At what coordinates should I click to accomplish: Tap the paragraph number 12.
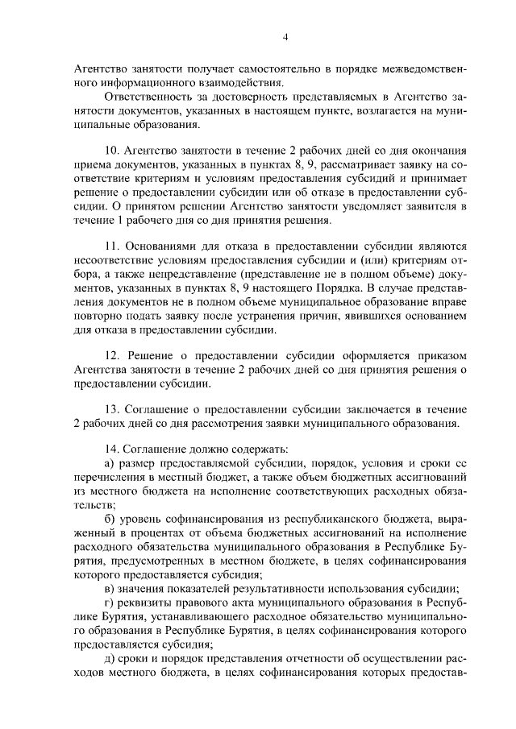[x=113, y=354]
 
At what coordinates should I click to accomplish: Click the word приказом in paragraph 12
[x=443, y=354]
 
